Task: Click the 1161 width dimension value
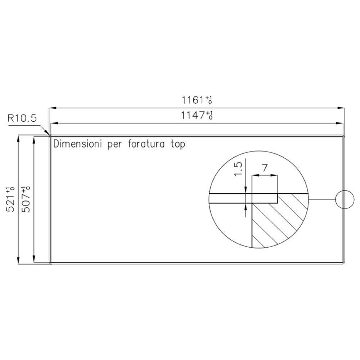(192, 100)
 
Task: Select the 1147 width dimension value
(193, 115)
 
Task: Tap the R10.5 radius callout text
(22, 118)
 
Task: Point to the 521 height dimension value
(11, 202)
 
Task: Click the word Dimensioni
(78, 144)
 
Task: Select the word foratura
(146, 144)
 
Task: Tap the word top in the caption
(178, 145)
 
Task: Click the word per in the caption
(115, 145)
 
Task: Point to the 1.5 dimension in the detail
(238, 169)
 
